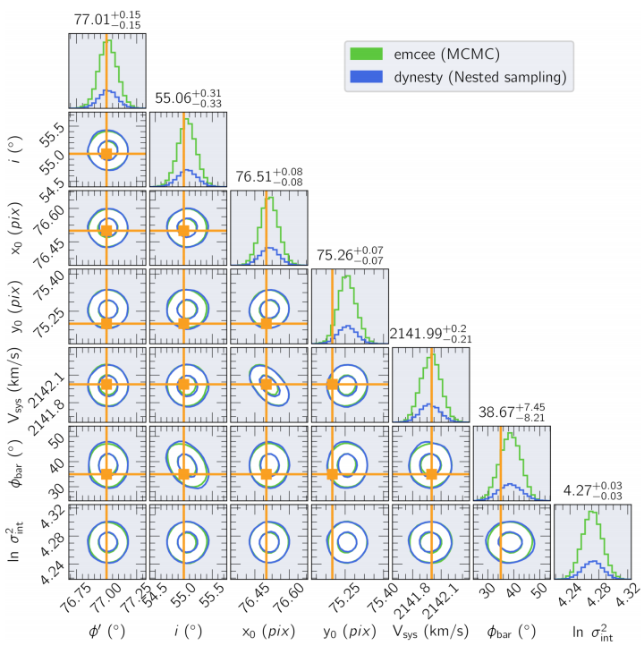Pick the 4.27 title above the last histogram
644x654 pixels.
[593, 491]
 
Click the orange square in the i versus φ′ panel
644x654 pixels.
[106, 154]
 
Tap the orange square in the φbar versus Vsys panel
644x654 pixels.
[431, 473]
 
